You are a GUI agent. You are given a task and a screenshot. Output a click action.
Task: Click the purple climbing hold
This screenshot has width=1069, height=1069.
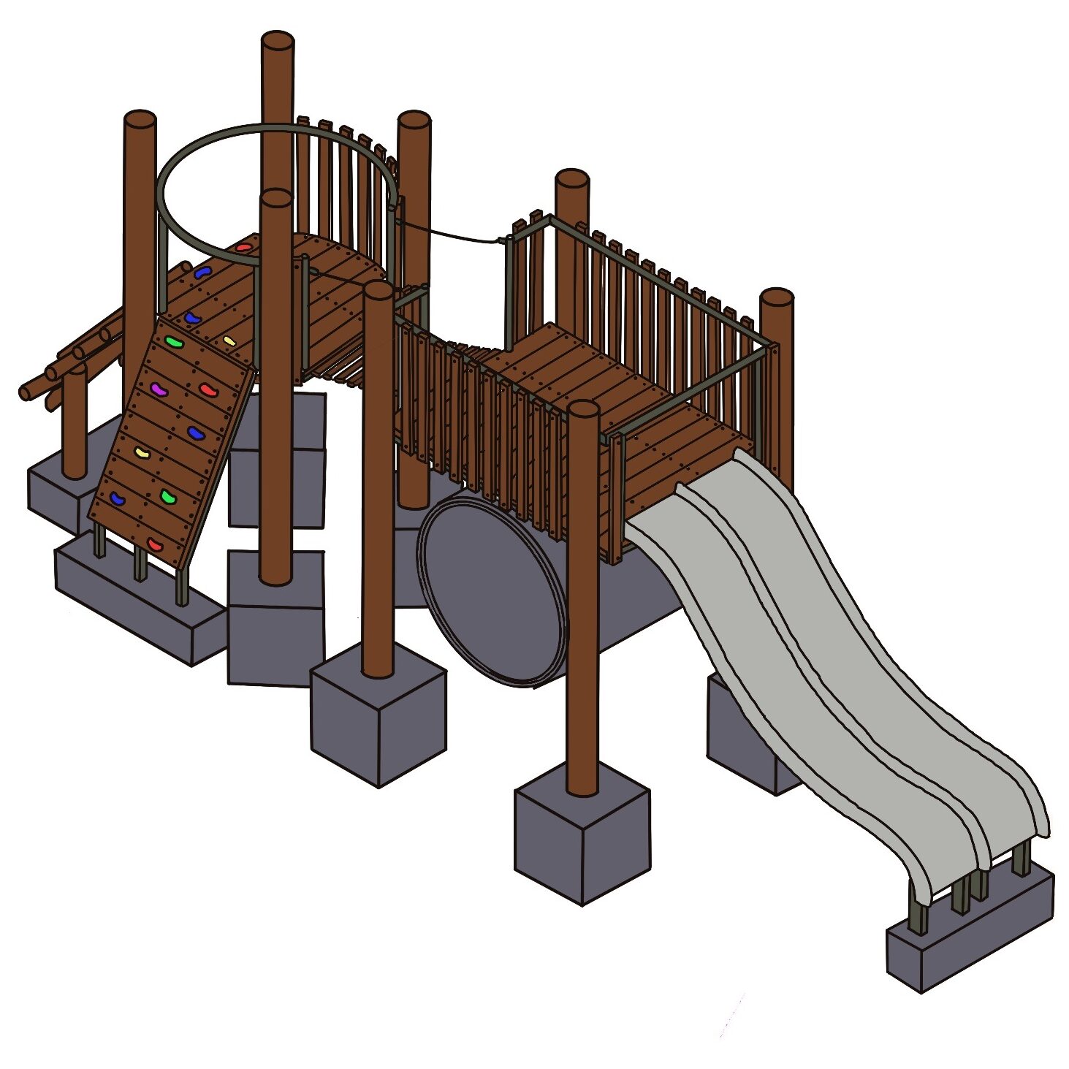[158, 390]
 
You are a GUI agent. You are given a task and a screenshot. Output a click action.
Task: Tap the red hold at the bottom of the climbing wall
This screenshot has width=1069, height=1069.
[155, 544]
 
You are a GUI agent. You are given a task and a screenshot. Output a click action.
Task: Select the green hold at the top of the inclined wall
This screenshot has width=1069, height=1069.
[172, 341]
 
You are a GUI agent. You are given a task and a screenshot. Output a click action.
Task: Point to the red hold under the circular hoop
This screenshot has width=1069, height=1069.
[243, 248]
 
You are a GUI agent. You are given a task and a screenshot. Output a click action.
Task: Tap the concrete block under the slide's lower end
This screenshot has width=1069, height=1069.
[969, 935]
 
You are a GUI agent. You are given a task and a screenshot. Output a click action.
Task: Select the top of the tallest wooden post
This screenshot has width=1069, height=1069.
[278, 41]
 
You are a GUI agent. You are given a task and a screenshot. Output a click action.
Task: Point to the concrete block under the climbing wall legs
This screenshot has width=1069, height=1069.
[139, 606]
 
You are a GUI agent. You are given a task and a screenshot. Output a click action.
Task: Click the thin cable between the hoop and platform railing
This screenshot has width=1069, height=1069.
[453, 232]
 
